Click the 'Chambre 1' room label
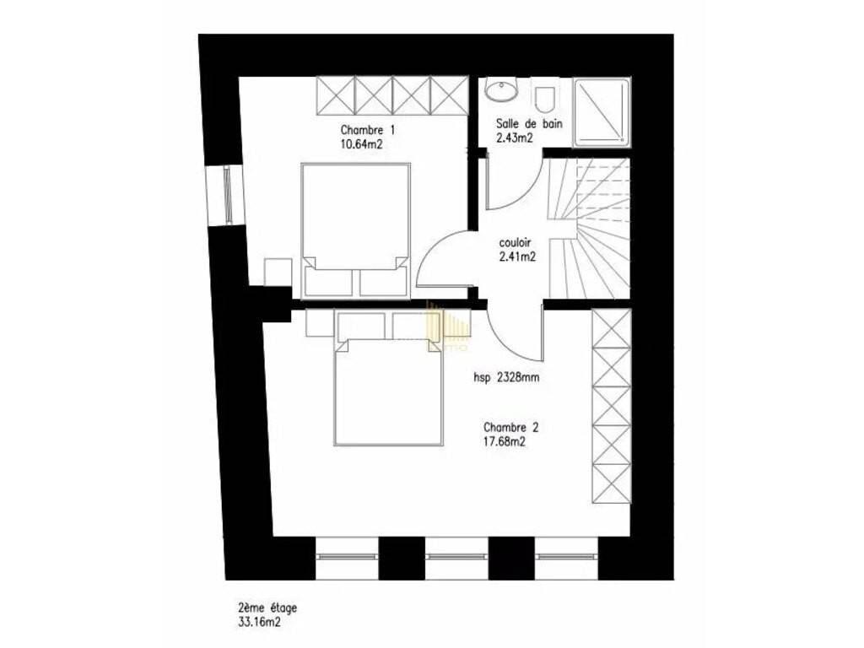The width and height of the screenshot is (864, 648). (368, 131)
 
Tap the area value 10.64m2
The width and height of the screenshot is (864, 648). (362, 145)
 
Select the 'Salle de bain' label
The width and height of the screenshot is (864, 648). (529, 123)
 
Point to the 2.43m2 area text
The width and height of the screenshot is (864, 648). (514, 138)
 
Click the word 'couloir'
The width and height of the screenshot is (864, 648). (515, 242)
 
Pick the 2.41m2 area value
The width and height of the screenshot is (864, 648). (517, 256)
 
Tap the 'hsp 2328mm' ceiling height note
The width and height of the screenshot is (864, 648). (506, 378)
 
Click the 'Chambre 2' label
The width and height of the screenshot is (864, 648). (510, 427)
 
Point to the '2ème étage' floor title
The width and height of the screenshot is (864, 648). (267, 608)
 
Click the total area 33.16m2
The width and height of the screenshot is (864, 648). (259, 623)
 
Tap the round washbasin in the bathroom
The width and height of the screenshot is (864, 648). (501, 90)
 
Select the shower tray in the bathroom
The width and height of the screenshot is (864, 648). (601, 112)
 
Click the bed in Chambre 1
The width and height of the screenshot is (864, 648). (356, 230)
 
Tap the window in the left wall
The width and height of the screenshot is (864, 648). (226, 196)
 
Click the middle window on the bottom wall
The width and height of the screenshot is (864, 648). (456, 557)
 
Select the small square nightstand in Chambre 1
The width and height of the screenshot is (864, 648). (278, 272)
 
